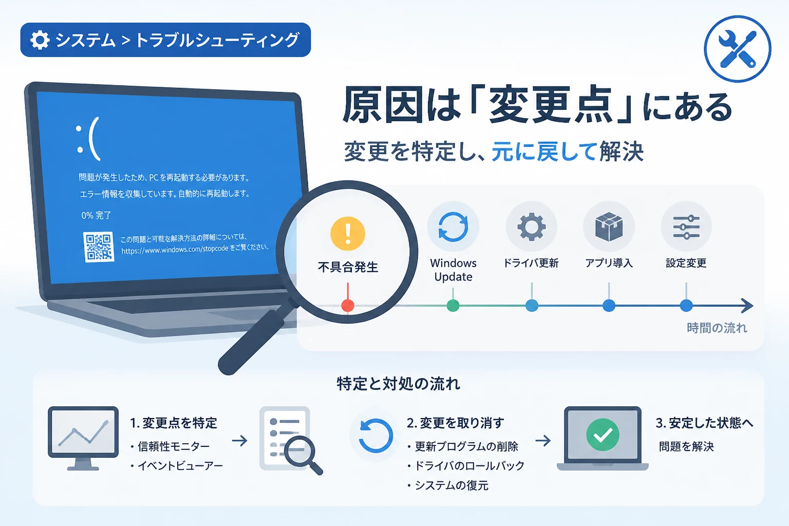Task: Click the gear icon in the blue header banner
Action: [x=40, y=40]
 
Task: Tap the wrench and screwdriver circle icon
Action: [x=738, y=49]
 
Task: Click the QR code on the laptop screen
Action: [x=99, y=247]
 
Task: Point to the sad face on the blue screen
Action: [x=88, y=139]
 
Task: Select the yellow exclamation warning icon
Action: [x=348, y=233]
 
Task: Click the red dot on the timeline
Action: [x=348, y=306]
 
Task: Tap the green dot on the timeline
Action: [x=453, y=306]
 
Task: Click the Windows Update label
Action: [x=453, y=270]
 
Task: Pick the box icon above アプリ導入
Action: [x=609, y=227]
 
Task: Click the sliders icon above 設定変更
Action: [x=686, y=227]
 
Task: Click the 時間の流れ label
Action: [x=717, y=328]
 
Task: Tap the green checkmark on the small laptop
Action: [x=603, y=435]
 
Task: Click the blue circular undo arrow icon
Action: [x=375, y=436]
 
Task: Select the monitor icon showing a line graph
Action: [x=83, y=438]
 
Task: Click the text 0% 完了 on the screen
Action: [x=96, y=215]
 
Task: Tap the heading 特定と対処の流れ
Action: [x=399, y=384]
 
